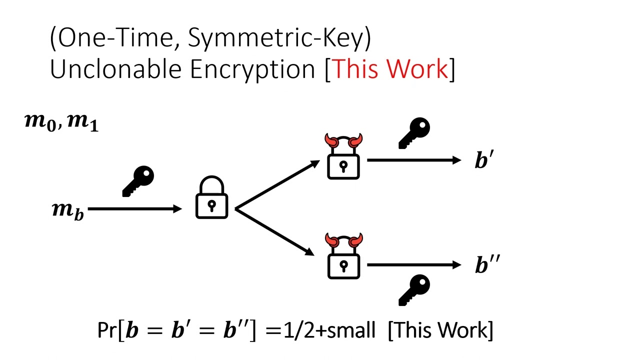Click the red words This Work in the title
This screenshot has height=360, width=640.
[390, 68]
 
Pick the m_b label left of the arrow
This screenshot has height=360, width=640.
[68, 210]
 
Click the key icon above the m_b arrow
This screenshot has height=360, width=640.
[138, 181]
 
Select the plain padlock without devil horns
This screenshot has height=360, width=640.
[211, 198]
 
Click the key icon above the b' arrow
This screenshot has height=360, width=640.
[414, 133]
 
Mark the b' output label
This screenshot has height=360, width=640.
[484, 161]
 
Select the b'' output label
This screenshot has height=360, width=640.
[486, 265]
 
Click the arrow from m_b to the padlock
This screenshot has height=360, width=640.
[135, 209]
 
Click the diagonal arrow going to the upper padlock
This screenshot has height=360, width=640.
[277, 184]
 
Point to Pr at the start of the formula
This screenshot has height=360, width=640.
[107, 331]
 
